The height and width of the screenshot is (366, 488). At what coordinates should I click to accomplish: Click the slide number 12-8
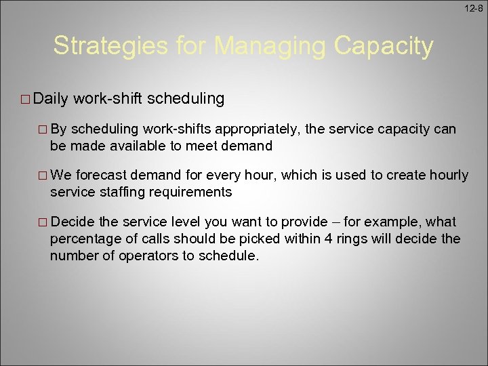tap(474, 7)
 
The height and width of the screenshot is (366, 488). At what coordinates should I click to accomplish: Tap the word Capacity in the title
tap(384, 46)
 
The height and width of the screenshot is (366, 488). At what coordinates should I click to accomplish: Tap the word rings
tap(348, 239)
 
